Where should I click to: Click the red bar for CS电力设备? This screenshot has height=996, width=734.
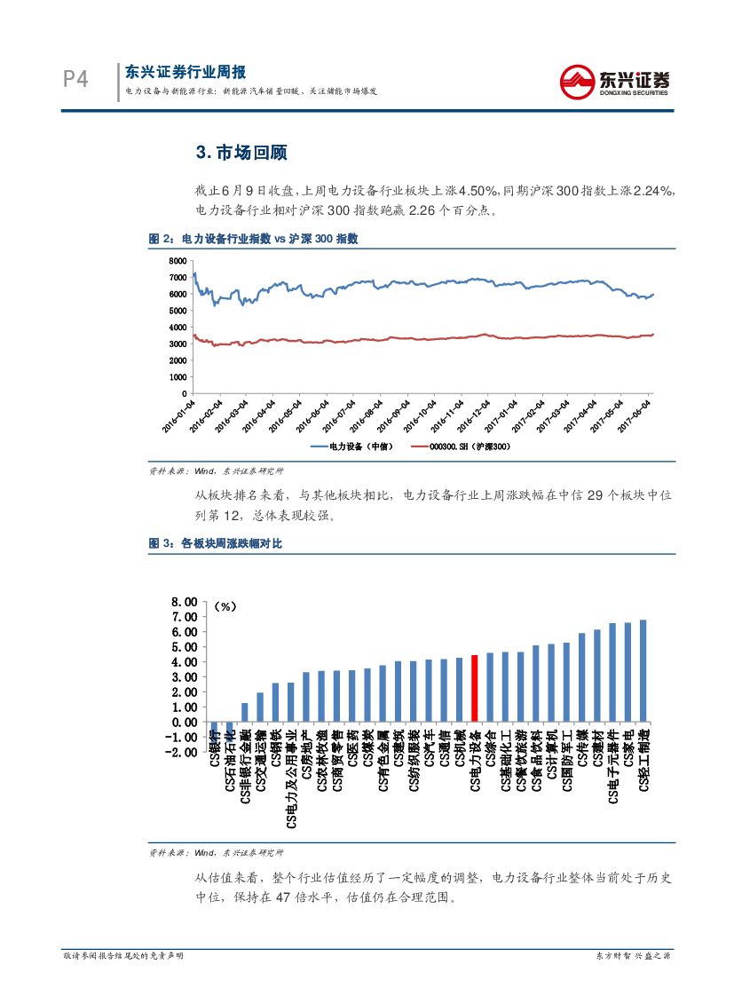coord(475,688)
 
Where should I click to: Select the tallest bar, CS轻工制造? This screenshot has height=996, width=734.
coord(643,670)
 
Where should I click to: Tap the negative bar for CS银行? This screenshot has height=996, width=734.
coord(214,729)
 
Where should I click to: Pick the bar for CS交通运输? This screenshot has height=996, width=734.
coord(260,707)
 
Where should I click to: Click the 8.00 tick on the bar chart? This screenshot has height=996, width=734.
coord(184,602)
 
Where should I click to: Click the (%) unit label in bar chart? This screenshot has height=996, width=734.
coord(225,606)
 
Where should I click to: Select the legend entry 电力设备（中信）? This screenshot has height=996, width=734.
coord(353,447)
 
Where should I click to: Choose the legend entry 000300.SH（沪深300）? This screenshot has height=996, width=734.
coord(468,447)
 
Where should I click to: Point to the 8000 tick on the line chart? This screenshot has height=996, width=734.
coord(178,261)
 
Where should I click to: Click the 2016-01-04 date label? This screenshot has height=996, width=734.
coord(179,415)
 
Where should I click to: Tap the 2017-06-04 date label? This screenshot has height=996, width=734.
coord(635,415)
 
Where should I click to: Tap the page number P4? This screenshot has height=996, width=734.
coord(76,81)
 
